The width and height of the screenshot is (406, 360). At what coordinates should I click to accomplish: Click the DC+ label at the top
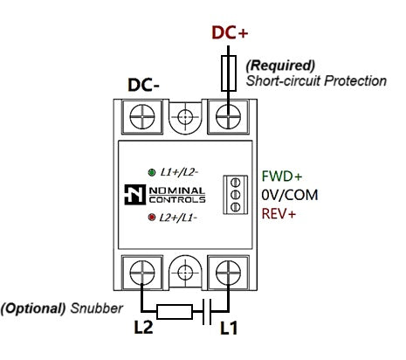[x=230, y=32]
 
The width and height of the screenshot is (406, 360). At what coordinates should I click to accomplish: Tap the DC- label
[x=143, y=85]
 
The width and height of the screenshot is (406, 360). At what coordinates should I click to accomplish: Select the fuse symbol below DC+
[x=229, y=73]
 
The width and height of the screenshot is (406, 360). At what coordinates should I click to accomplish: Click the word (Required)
[x=280, y=66]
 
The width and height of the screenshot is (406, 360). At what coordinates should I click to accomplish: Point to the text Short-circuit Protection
[x=316, y=80]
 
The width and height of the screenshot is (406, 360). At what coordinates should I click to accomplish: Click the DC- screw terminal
[x=142, y=117]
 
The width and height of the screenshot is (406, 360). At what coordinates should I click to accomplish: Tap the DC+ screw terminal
[x=229, y=117]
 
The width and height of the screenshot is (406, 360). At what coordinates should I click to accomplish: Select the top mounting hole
[x=185, y=117]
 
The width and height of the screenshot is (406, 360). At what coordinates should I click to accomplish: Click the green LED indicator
[x=152, y=172]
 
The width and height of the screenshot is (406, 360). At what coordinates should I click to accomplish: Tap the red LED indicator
[x=152, y=218]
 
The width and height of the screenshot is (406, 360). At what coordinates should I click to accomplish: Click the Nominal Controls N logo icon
[x=135, y=195]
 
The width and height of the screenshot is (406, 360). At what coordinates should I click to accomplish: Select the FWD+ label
[x=282, y=177]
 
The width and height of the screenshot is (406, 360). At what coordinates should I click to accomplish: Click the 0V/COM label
[x=290, y=195]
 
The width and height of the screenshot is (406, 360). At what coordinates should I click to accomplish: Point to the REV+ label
[x=279, y=214]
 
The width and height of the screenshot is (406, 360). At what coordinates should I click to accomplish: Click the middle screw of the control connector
[x=235, y=195]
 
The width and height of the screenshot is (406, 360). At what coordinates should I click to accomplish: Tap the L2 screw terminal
[x=142, y=273]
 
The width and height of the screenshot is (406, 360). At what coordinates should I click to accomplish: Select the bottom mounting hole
[x=185, y=273]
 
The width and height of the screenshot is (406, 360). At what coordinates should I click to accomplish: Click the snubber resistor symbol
[x=175, y=312]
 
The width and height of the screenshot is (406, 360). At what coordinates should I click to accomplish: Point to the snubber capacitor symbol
[x=207, y=312]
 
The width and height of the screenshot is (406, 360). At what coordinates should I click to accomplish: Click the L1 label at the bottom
[x=229, y=328]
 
